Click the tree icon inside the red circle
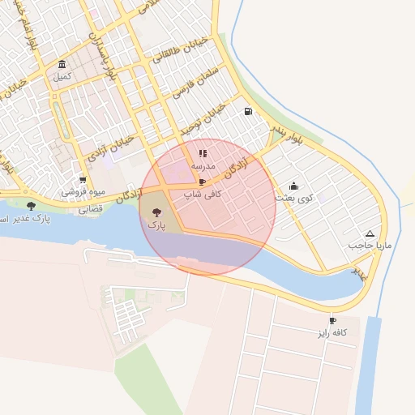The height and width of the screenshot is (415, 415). point(156,212)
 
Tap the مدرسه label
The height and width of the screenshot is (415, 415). point(202,165)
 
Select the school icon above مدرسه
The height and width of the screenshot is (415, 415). point(203,152)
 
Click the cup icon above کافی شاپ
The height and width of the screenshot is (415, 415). point(202,182)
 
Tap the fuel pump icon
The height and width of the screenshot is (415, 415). point(247,112)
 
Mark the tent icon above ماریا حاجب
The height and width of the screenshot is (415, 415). point(370,233)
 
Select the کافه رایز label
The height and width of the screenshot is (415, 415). point(332,332)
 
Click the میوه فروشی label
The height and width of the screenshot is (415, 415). point(83,193)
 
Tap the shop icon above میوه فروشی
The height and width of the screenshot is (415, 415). point(83,180)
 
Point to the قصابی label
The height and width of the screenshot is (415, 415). point(91,208)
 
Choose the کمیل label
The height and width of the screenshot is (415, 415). point(62,76)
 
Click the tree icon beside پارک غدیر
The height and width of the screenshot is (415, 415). point(31,206)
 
